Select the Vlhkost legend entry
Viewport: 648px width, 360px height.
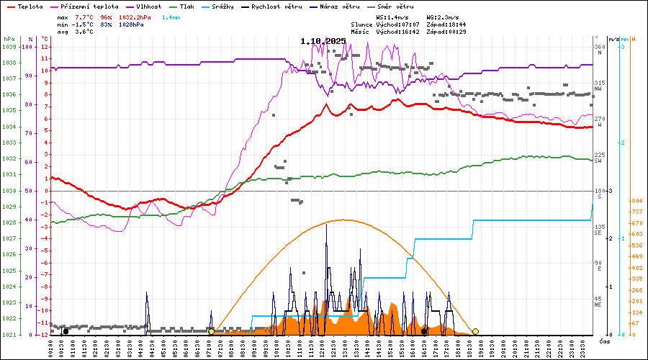[x=150, y=6]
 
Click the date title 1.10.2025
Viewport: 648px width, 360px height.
[x=323, y=41]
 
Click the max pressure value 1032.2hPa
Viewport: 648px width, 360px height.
[x=132, y=16]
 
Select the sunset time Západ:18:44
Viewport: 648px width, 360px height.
[x=446, y=24]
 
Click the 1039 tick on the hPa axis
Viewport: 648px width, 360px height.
[x=9, y=47]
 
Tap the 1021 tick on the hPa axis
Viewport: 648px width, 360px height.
[x=9, y=335]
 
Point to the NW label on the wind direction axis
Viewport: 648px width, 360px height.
[x=598, y=89]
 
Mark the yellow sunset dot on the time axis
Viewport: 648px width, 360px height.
[x=475, y=331]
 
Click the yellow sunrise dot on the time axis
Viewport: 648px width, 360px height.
[x=211, y=331]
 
